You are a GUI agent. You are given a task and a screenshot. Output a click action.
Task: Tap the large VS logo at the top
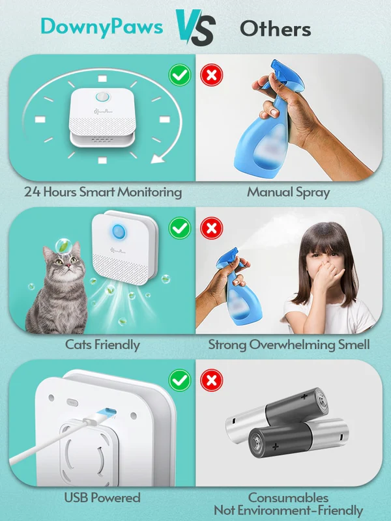pos(195,27)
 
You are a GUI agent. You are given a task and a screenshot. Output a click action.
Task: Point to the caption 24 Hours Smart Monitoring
pos(103,192)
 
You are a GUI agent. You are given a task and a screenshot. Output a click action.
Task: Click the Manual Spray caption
pos(288,192)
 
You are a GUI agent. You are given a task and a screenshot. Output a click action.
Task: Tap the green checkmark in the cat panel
pos(180,229)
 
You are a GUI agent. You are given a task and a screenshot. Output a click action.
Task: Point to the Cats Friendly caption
pos(102,345)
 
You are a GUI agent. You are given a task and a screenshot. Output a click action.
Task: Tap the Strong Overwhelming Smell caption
pos(289,345)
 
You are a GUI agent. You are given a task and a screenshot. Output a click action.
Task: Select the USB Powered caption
pos(102,498)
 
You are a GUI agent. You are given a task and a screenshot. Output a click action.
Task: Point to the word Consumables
pos(288,498)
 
